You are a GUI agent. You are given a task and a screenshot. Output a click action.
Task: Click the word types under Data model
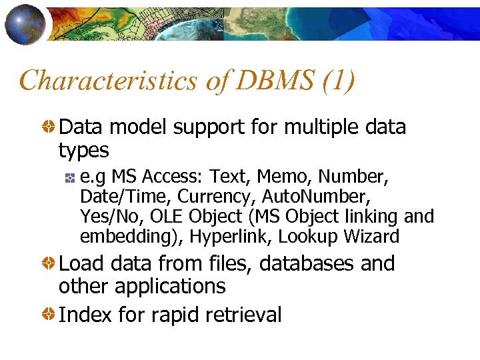pos(83,150)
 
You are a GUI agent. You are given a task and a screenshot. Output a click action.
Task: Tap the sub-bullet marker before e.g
pos(70,178)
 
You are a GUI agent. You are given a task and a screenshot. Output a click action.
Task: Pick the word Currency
pos(220,197)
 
